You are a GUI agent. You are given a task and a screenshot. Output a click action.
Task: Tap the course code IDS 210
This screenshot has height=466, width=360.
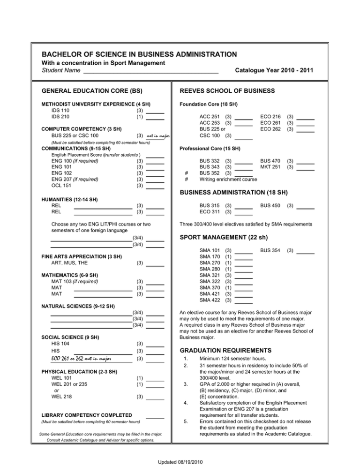tap(60, 117)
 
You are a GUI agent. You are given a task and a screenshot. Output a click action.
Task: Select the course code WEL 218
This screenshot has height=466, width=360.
tap(61, 396)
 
